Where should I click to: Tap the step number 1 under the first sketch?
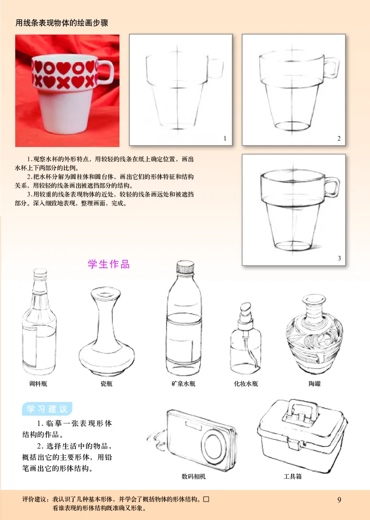click(x=225, y=138)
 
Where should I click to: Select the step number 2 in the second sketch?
click(x=339, y=138)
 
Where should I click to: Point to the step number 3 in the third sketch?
click(x=339, y=258)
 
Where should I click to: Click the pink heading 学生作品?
click(x=109, y=264)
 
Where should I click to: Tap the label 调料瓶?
click(x=38, y=384)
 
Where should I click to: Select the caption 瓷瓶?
click(x=106, y=384)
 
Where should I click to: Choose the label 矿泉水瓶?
click(x=184, y=384)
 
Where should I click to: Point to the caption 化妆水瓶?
click(x=246, y=384)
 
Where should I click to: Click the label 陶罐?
click(x=314, y=384)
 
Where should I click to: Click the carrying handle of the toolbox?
click(x=303, y=410)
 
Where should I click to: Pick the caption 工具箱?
click(x=292, y=476)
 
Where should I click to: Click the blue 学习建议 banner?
click(x=47, y=409)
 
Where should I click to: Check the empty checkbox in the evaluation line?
click(x=206, y=499)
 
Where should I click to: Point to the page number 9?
click(x=339, y=499)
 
